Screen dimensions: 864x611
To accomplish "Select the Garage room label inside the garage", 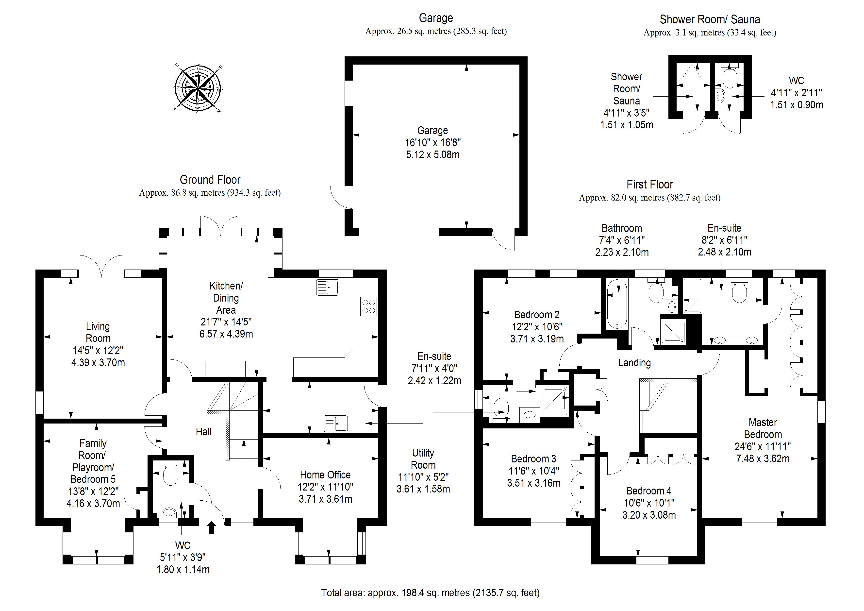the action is [432, 131].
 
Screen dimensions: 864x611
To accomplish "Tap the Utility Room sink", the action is [335, 423].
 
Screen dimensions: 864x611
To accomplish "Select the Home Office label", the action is [325, 475].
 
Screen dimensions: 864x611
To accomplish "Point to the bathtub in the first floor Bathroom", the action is [617, 304].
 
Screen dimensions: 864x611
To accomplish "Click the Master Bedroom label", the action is [763, 428].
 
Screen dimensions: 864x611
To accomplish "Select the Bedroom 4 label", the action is [649, 491].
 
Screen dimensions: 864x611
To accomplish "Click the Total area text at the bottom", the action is [430, 593].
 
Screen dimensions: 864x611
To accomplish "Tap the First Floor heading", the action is [649, 185].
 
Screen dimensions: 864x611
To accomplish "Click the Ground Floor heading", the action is [210, 180].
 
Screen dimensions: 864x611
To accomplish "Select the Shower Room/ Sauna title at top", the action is [710, 19].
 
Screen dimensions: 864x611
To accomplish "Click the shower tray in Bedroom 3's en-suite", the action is [554, 401].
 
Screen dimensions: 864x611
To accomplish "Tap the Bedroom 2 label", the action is [537, 314].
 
